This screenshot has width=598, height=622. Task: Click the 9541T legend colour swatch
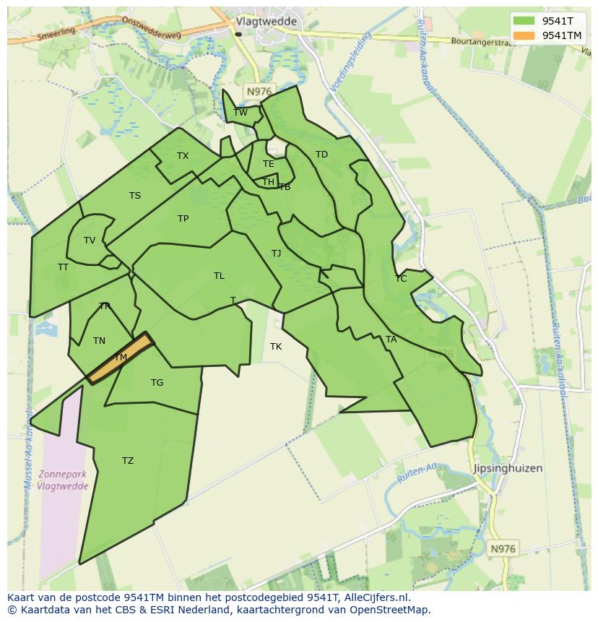click(524, 21)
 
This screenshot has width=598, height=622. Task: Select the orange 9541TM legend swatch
click(524, 35)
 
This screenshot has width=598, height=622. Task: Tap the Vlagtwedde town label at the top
click(266, 22)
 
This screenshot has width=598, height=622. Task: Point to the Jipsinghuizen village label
click(507, 468)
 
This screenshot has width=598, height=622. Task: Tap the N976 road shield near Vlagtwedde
click(258, 91)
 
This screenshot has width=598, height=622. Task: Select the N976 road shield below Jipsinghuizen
click(503, 549)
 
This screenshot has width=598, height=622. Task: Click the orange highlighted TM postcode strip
click(121, 358)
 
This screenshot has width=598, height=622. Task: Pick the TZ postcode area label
click(128, 461)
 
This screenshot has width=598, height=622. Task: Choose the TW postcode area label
click(240, 112)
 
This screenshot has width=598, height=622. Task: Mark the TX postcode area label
click(183, 156)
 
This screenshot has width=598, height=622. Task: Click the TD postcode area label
click(321, 155)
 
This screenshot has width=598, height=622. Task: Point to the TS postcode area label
click(135, 196)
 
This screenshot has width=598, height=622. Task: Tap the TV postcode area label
click(90, 241)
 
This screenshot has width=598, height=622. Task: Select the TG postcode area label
click(157, 383)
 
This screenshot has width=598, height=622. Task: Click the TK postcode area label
click(276, 347)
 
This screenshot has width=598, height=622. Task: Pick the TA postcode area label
click(391, 340)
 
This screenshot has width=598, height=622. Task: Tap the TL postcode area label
click(219, 276)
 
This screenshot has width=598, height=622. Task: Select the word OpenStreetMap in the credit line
click(391, 610)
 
